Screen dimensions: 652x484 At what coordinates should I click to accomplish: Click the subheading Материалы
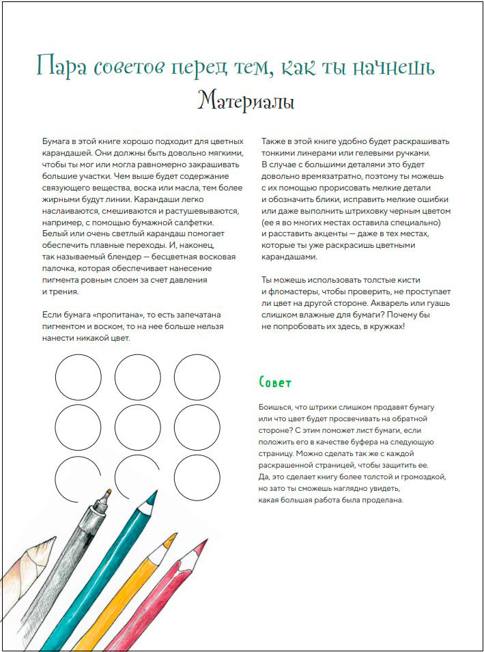click(x=246, y=102)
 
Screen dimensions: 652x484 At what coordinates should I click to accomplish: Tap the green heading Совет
click(x=276, y=382)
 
